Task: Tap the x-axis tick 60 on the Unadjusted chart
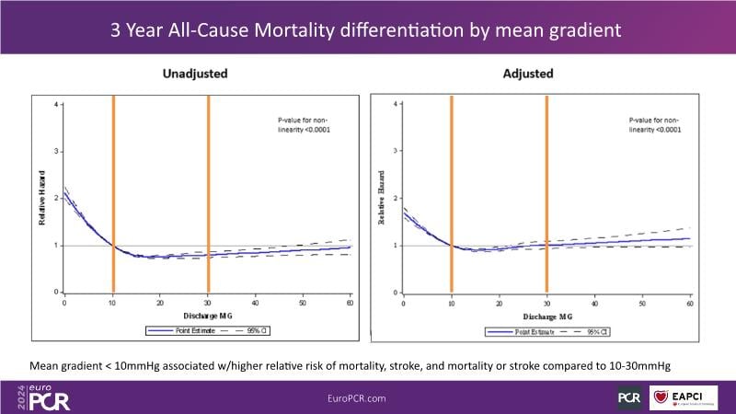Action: pyautogui.click(x=351, y=302)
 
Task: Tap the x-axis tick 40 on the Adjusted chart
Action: pyautogui.click(x=594, y=302)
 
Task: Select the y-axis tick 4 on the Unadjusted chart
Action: pyautogui.click(x=56, y=105)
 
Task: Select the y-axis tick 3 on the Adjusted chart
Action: pyautogui.click(x=397, y=151)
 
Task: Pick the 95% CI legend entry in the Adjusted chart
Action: pyautogui.click(x=592, y=331)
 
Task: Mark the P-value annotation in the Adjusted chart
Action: pyautogui.click(x=654, y=125)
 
